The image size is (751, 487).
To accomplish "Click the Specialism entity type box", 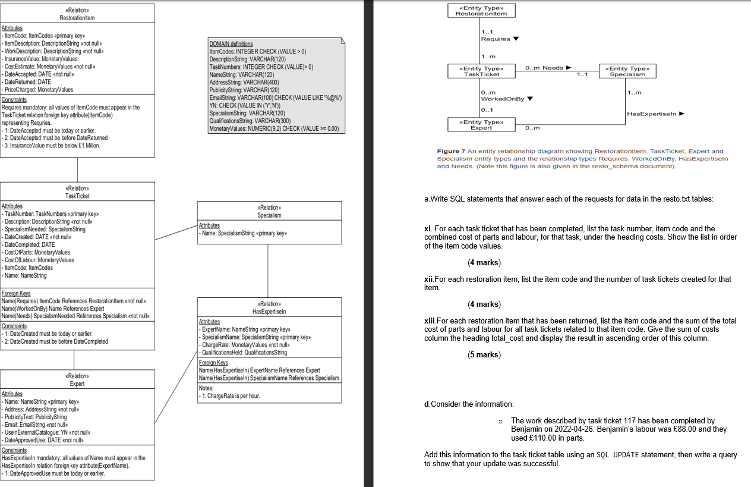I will click(628, 71).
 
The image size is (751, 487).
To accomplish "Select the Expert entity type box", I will click(481, 125).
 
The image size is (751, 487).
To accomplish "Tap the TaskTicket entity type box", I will click(481, 71).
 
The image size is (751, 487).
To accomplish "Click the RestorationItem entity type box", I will click(481, 10).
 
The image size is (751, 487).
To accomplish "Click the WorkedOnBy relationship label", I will click(504, 98).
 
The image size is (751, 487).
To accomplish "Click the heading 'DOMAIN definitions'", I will click(231, 44).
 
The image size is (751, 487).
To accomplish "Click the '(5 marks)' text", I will click(484, 355).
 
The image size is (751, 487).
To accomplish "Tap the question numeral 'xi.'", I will click(428, 228).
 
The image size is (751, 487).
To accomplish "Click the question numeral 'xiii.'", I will click(430, 321).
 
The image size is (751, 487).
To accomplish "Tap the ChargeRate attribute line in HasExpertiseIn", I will click(245, 345).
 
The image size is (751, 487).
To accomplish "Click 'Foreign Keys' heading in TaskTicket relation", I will click(16, 294).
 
